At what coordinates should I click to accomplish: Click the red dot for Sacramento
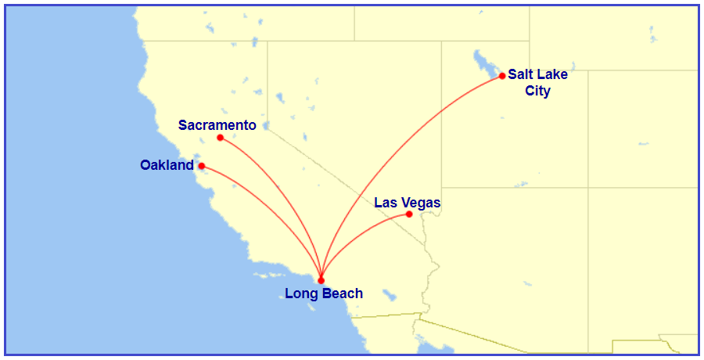click(220, 138)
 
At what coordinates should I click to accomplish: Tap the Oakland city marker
click(201, 166)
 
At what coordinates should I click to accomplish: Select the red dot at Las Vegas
click(409, 214)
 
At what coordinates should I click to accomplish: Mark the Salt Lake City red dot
click(502, 76)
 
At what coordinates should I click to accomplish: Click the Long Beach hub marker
click(321, 280)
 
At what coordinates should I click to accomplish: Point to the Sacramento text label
click(217, 125)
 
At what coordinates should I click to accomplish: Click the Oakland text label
click(166, 165)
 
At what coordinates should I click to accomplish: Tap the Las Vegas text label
click(407, 203)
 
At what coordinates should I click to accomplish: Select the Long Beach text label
click(323, 294)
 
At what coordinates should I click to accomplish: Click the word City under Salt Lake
click(537, 92)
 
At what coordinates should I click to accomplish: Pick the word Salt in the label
click(521, 75)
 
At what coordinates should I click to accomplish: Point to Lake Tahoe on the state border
click(265, 124)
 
